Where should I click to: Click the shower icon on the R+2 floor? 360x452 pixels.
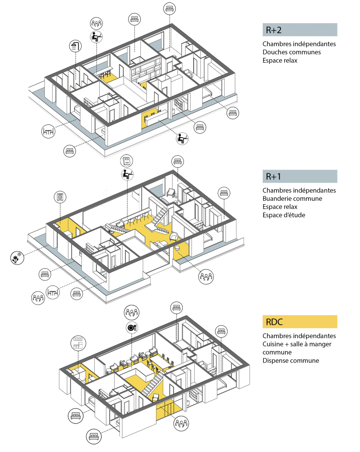(x=75, y=46)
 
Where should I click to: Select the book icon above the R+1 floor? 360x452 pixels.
(x=127, y=161)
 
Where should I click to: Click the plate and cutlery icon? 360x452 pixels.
(x=131, y=327)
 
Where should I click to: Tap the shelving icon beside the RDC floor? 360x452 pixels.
(x=78, y=342)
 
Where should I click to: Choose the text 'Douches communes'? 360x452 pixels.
(x=291, y=52)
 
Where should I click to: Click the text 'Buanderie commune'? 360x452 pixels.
(x=292, y=199)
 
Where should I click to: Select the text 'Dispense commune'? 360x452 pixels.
(x=290, y=361)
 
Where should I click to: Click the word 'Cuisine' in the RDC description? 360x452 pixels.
(x=273, y=344)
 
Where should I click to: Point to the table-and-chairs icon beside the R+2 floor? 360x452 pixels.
(x=48, y=131)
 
